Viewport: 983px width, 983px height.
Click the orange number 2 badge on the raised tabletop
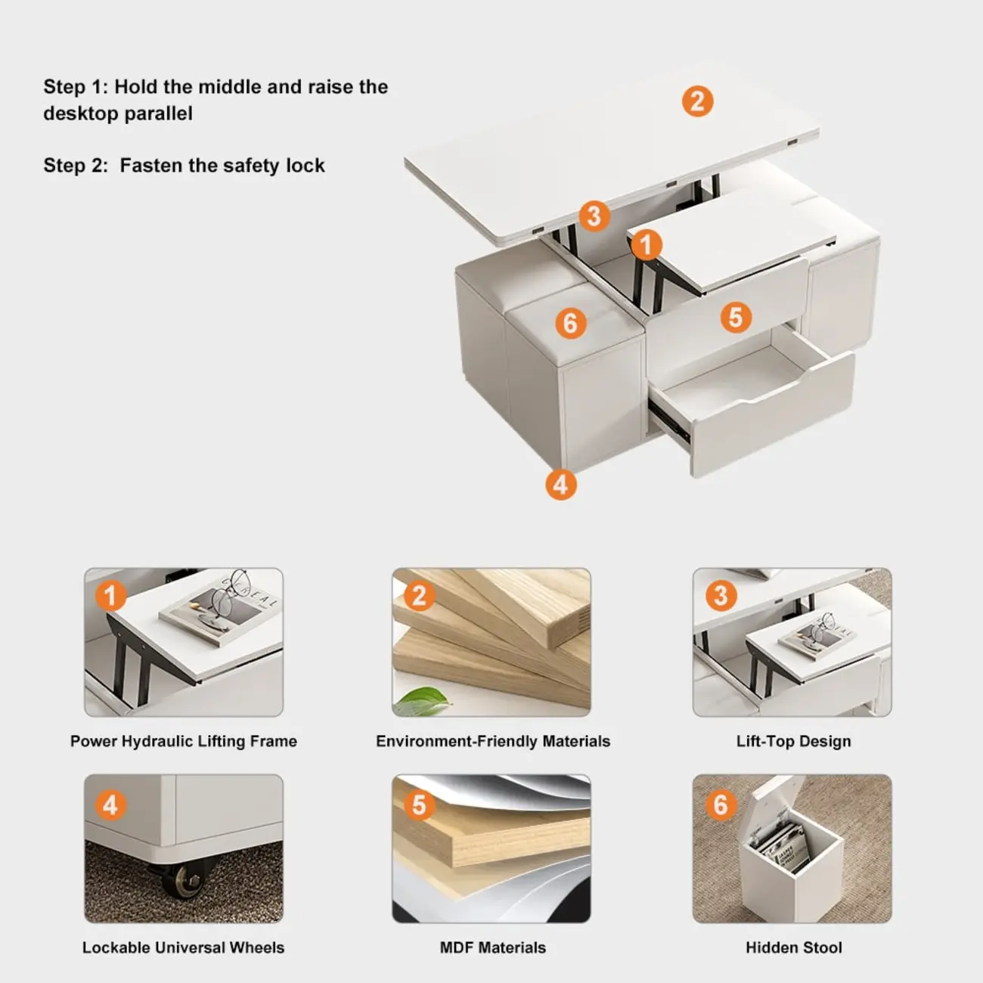tap(697, 101)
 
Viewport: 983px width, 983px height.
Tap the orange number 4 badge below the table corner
tap(560, 484)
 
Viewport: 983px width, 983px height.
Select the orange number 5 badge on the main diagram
tap(735, 317)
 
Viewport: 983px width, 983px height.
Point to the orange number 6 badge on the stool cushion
tap(570, 324)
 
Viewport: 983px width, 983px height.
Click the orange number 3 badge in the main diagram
tap(594, 216)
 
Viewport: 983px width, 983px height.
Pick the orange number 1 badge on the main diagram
tap(646, 244)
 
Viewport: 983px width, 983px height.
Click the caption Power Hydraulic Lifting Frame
tap(184, 741)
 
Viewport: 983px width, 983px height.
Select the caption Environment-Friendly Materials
tap(492, 741)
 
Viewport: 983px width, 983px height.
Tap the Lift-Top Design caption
tap(793, 741)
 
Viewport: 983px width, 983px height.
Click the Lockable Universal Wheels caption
tap(184, 947)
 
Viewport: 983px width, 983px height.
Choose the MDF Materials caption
tap(492, 947)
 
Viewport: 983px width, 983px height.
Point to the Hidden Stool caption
tap(793, 947)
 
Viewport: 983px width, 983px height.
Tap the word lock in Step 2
tap(307, 166)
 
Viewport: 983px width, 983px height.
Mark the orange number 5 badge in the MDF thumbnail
tap(418, 805)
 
